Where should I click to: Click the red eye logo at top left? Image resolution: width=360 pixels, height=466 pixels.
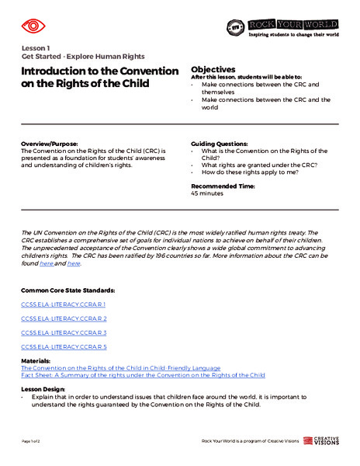tap(33, 26)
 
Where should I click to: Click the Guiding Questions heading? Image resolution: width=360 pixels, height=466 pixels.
tap(220, 144)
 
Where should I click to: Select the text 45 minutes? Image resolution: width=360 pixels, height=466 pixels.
tap(206, 194)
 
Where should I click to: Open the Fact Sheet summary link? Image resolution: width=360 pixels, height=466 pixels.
tap(143, 374)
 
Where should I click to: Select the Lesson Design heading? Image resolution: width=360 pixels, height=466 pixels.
tap(43, 388)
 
